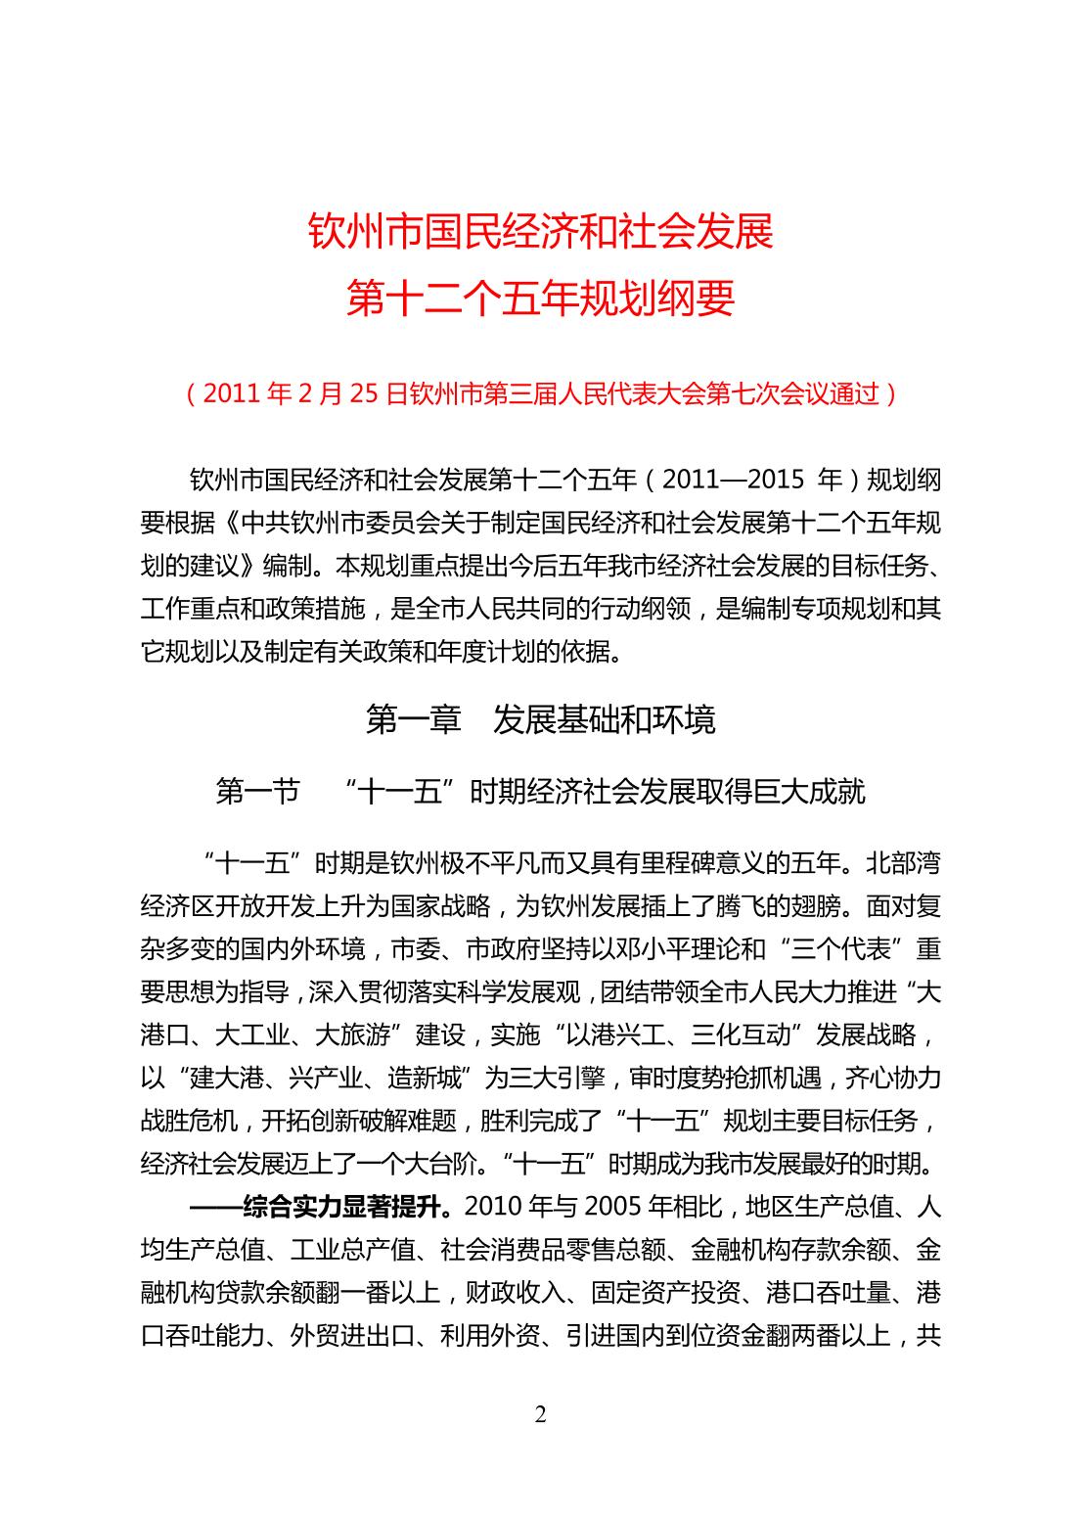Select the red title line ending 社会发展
click(540, 233)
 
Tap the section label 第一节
click(257, 791)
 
